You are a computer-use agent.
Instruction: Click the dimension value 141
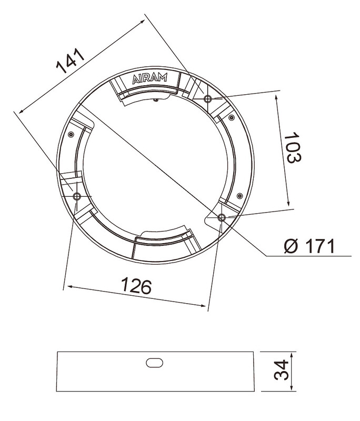pos(71,61)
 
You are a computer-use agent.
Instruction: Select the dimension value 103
pos(293,147)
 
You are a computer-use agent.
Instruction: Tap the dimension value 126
pos(136,286)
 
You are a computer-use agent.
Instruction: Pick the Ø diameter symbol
pos(291,246)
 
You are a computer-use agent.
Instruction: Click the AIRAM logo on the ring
pos(150,78)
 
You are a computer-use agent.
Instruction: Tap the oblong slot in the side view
pos(154,363)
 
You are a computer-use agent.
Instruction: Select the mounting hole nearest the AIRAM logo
pos(207,99)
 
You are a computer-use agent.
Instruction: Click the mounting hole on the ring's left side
pos(77,196)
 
